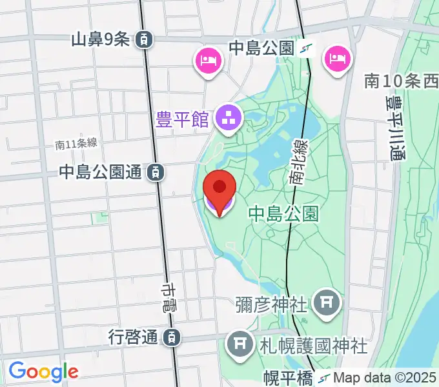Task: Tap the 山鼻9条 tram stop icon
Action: coord(145,39)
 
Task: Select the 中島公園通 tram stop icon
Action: coord(155,172)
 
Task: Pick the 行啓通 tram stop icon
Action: coord(172,337)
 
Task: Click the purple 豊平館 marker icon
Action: coord(227,119)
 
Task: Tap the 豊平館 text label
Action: coord(183,119)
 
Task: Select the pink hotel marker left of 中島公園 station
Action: coord(209,62)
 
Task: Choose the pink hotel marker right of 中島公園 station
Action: coord(338,60)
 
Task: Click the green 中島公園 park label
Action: coord(283,213)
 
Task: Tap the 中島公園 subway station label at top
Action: coord(261,47)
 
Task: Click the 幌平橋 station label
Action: coord(287,377)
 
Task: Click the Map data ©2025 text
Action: coord(385,377)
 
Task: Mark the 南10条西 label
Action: coord(400,81)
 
